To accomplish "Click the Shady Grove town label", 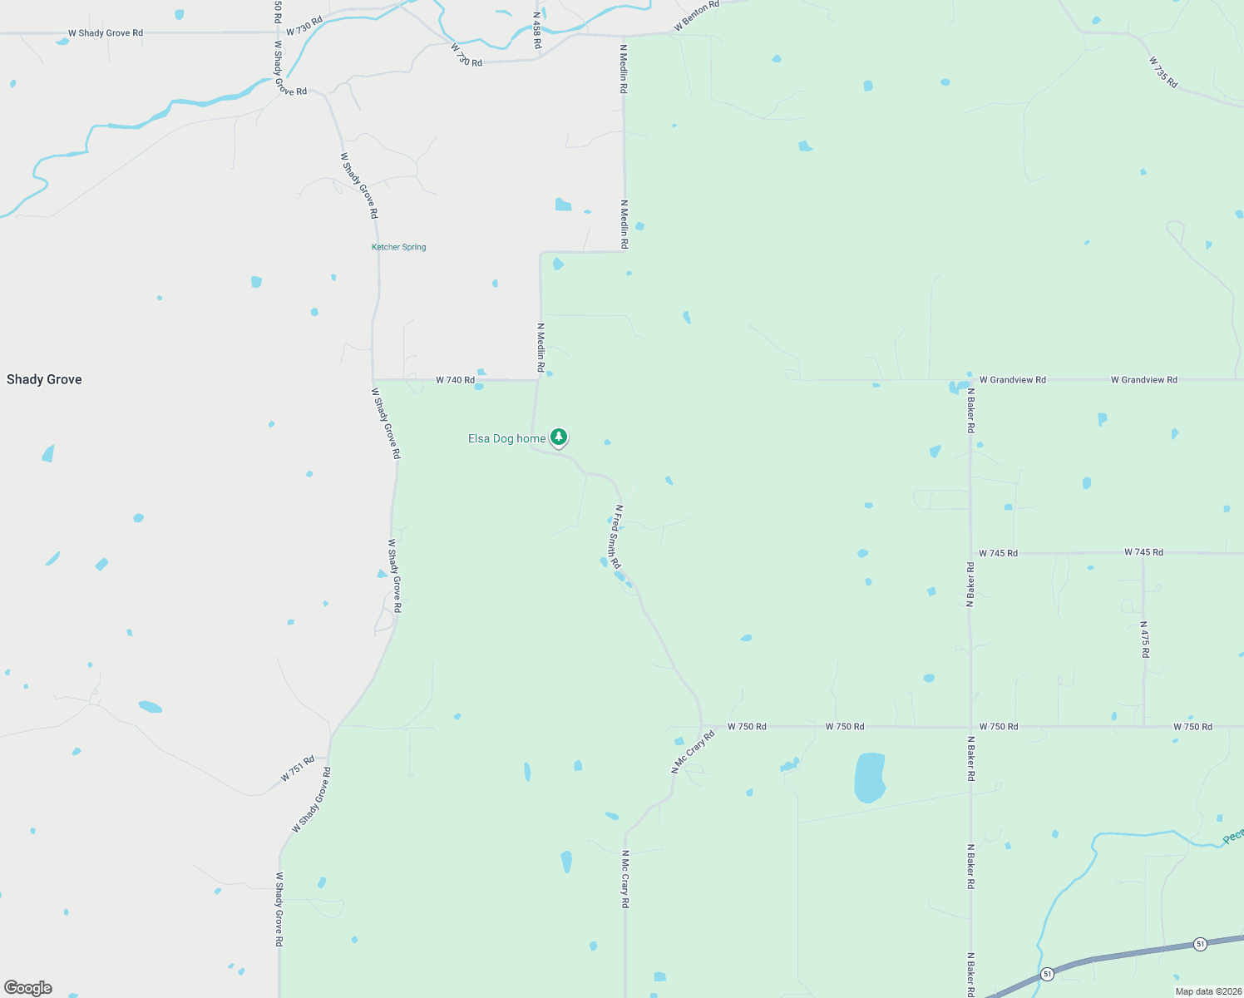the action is (44, 379).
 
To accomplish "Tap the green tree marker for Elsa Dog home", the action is (560, 437).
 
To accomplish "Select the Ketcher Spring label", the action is (398, 247).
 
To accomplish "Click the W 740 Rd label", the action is (455, 380).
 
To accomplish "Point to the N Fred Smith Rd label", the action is (617, 536).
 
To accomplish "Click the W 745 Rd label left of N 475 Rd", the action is (998, 553).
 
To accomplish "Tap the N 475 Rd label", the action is (1144, 639).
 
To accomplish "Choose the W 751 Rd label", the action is (298, 768).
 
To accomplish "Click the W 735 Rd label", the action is (1163, 72).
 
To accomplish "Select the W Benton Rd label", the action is (696, 16).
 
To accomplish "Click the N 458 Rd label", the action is (537, 30).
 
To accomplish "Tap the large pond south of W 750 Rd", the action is (869, 777).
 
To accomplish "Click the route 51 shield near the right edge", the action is (1200, 944).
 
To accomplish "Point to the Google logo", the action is (28, 988).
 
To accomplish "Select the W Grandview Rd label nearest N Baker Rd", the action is (1012, 380).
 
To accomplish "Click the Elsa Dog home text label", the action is (506, 438).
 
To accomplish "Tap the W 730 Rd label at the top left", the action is (304, 26).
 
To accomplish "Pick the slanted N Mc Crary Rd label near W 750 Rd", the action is (693, 752).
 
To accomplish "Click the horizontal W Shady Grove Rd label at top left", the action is (106, 33).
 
